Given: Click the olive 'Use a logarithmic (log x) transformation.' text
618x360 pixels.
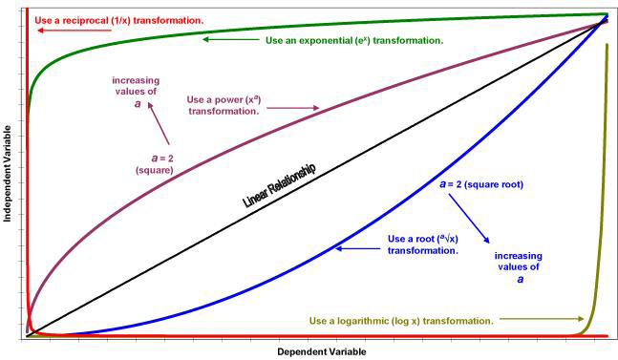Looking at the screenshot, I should point(401,320).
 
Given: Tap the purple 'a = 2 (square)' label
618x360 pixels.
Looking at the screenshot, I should point(154,163).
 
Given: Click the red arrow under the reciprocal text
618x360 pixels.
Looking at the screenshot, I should point(68,31).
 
